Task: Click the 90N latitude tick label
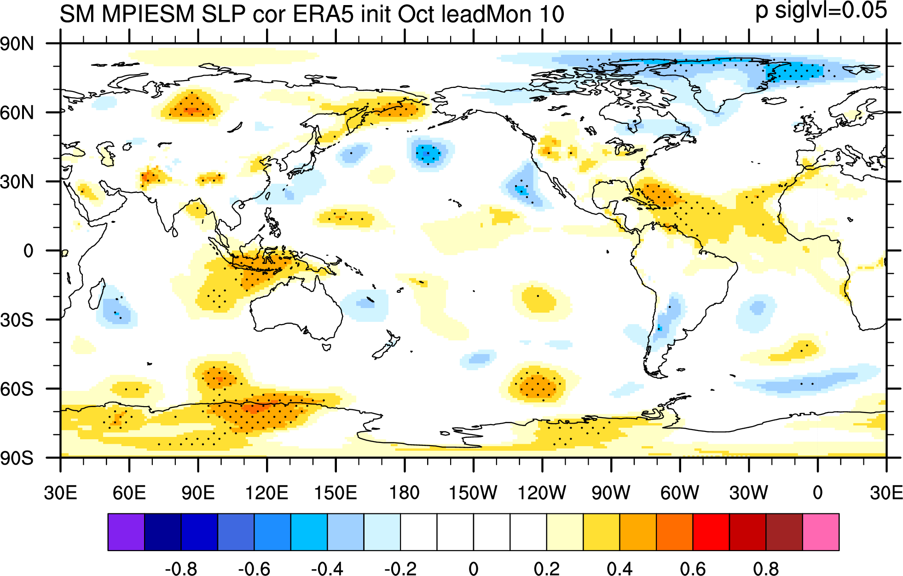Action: point(17,44)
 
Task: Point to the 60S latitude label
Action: point(17,389)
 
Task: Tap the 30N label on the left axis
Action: point(17,182)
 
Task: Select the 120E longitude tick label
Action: point(266,493)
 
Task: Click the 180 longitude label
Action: point(404,493)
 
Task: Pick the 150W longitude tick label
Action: point(473,493)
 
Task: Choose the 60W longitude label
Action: point(679,493)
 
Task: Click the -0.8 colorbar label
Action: point(181,569)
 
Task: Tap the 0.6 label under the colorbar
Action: point(693,569)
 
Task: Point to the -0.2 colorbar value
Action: point(400,569)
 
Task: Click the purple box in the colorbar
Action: point(126,532)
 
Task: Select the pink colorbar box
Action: point(821,532)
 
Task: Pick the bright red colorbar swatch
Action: point(711,532)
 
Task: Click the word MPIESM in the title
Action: point(148,14)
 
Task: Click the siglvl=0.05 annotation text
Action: point(831,10)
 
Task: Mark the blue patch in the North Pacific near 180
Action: point(428,153)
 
